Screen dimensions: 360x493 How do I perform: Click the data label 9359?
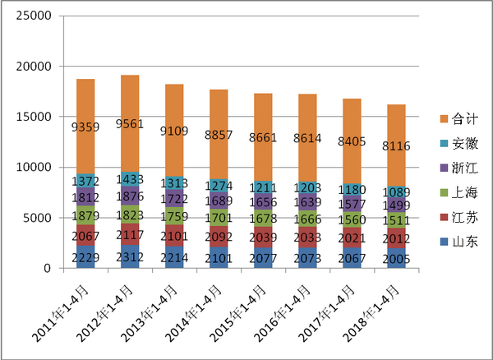[86, 127]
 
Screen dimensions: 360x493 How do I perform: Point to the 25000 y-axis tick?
[34, 16]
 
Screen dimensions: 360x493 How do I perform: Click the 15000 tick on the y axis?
[34, 118]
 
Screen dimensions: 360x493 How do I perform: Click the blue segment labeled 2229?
[86, 257]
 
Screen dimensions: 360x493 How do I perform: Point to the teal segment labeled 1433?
[131, 178]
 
